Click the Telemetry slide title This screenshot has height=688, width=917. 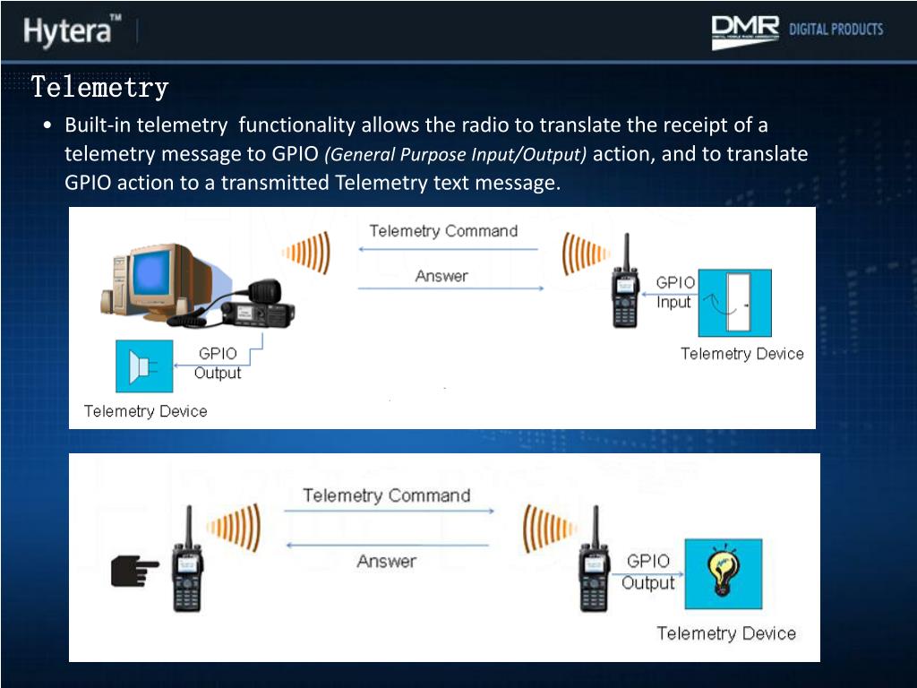tap(99, 88)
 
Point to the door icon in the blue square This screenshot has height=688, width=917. tap(734, 302)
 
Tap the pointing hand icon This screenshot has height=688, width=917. tap(134, 569)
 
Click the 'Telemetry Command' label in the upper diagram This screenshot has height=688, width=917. tap(443, 231)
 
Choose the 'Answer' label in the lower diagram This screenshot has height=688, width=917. tap(386, 562)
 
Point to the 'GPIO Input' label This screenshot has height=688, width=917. tap(675, 292)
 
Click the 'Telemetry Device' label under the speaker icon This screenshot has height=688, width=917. tap(145, 411)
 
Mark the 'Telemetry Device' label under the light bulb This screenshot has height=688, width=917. tap(725, 633)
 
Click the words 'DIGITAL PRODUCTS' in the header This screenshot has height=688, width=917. tap(836, 30)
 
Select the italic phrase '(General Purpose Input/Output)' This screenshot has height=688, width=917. tap(455, 154)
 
